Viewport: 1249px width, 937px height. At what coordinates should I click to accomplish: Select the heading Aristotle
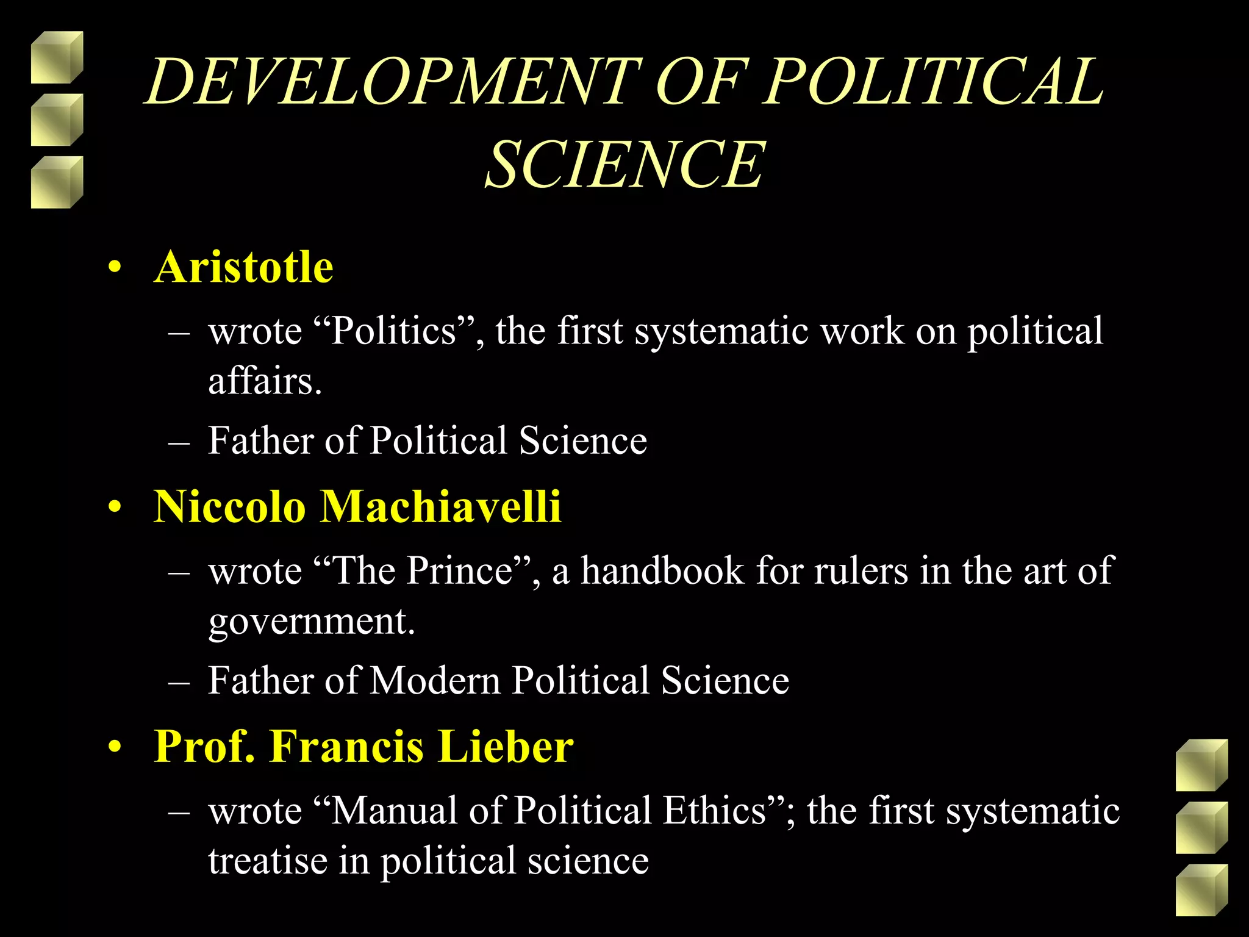[243, 267]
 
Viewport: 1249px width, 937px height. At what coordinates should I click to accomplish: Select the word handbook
[662, 571]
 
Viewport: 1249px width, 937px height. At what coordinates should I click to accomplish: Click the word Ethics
[714, 811]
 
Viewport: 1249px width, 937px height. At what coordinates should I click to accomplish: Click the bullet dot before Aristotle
[114, 268]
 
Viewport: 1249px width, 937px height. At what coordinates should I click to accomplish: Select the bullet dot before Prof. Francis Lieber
[114, 747]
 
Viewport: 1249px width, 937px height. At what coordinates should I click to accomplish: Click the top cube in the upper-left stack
[56, 57]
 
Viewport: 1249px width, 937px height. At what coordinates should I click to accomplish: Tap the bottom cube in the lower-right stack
[1201, 890]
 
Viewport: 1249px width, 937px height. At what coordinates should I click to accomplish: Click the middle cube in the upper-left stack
[56, 120]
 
